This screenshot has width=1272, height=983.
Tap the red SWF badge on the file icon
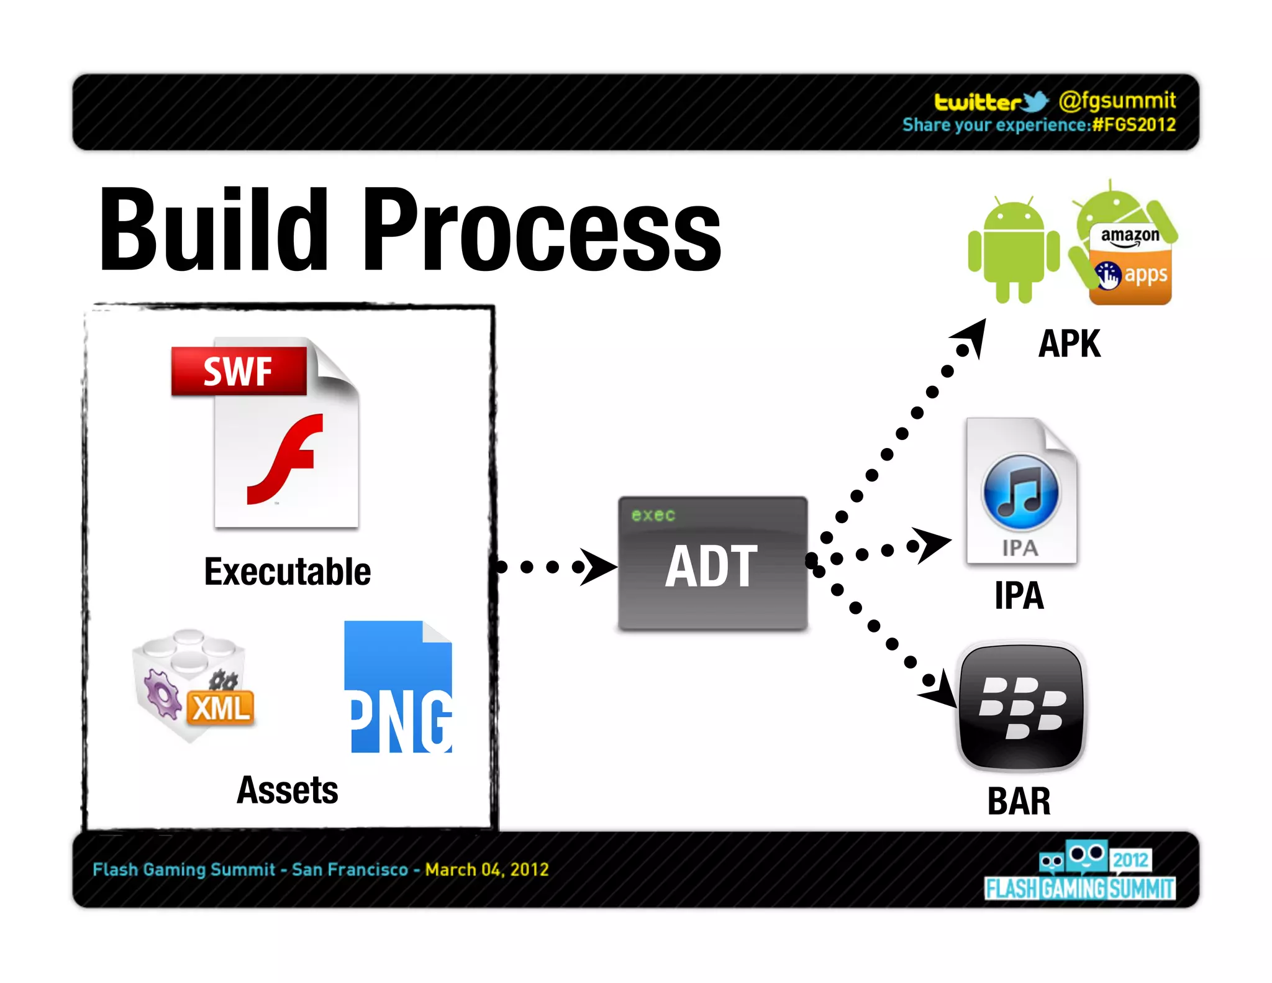pos(238,371)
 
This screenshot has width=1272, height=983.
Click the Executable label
pos(288,572)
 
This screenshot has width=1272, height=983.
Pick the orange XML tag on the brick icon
pos(221,708)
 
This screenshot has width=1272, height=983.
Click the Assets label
pos(288,790)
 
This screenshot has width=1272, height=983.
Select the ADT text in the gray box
pos(712,566)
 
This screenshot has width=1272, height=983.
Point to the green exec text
pos(653,515)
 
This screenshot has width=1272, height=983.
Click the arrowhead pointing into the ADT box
pos(597,566)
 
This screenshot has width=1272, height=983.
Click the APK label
pos(1070,344)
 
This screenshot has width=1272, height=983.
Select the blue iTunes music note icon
pos(1020,493)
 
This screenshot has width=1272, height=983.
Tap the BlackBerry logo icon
pos(1022,707)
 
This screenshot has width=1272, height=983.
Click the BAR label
pos(1019,802)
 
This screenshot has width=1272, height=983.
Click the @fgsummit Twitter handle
pos(1117,100)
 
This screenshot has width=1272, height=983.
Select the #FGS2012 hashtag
pos(1134,125)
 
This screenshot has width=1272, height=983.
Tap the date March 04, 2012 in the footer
pos(487,869)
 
